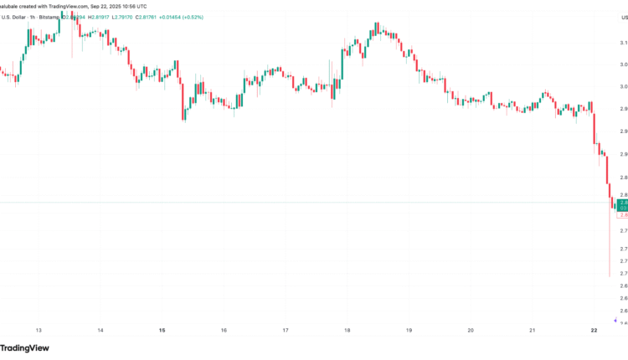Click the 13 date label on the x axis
[39, 331]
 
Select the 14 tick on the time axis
[100, 331]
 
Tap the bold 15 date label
[162, 331]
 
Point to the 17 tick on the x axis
[286, 331]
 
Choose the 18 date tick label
[347, 331]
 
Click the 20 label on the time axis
[471, 331]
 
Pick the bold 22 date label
[594, 331]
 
